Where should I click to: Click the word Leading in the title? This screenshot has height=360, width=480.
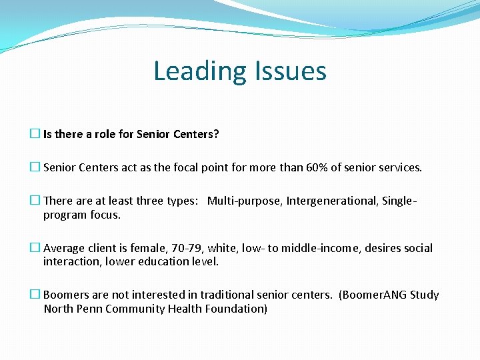(194, 71)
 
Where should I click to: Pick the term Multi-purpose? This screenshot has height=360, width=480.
(244, 201)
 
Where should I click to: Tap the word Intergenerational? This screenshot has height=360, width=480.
(331, 201)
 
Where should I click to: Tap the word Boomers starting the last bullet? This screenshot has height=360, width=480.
(65, 295)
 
